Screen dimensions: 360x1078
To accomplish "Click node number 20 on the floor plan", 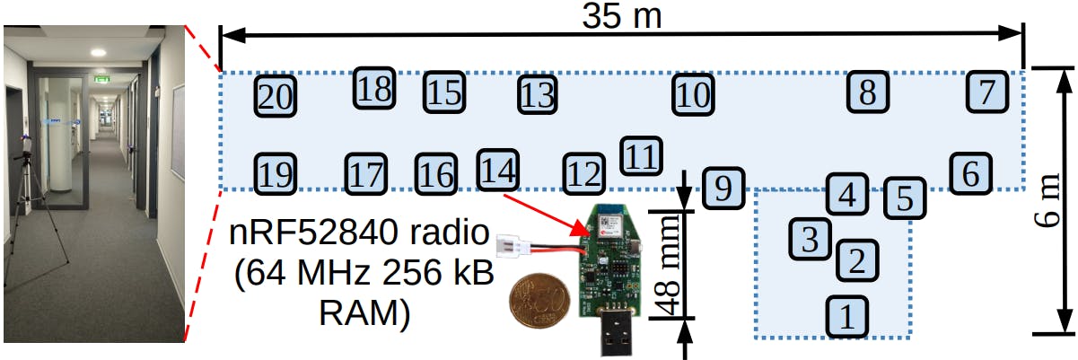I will pyautogui.click(x=276, y=95).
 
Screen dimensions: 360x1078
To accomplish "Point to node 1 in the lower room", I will pyautogui.click(x=846, y=316).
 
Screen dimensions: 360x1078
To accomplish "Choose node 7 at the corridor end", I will pyautogui.click(x=986, y=92).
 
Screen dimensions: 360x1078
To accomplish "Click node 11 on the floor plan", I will pyautogui.click(x=641, y=156).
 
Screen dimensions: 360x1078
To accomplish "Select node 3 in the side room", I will pyautogui.click(x=810, y=238).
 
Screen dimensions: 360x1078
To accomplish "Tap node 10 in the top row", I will pyautogui.click(x=693, y=93).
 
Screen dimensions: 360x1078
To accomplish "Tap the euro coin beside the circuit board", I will pyautogui.click(x=539, y=303).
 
